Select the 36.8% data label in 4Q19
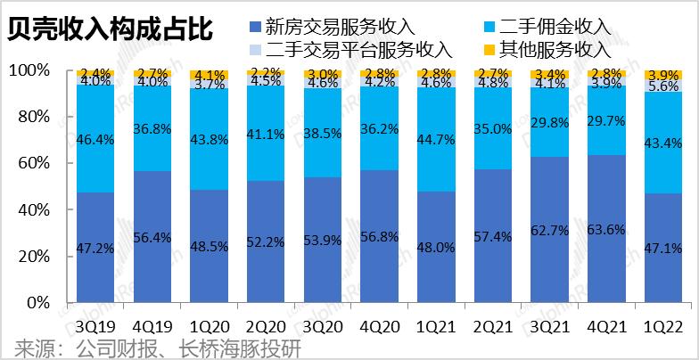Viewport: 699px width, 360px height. tap(152, 130)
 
